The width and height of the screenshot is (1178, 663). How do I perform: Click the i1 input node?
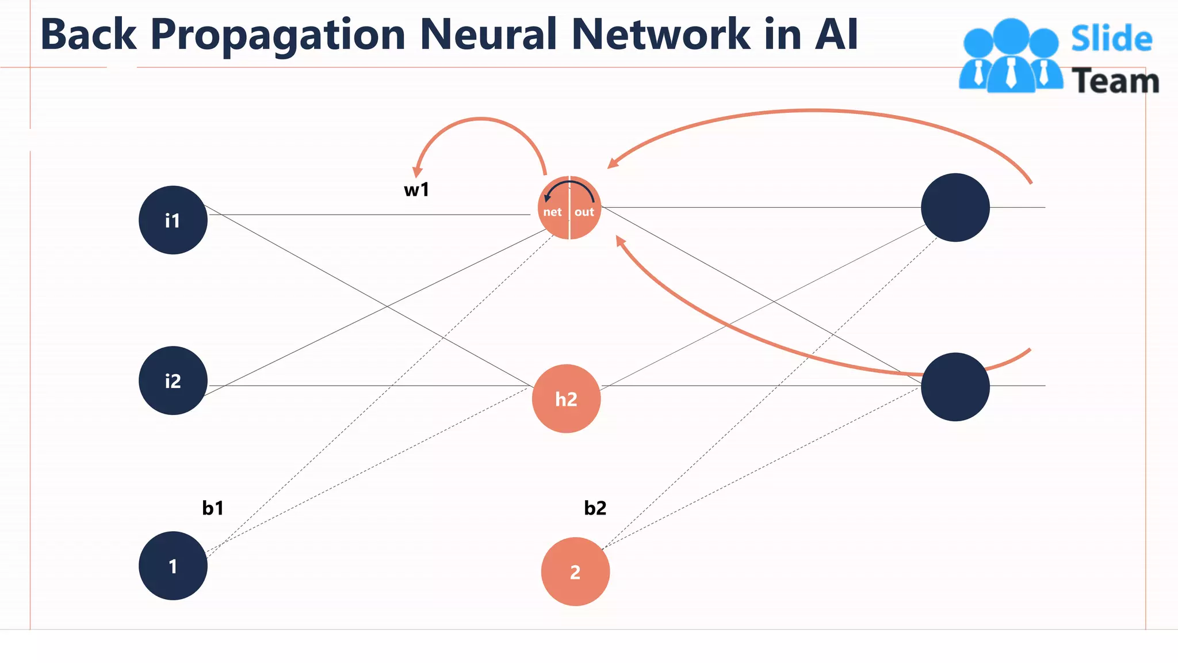click(173, 220)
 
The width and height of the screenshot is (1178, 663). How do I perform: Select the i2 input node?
click(173, 380)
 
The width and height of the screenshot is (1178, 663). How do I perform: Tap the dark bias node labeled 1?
click(173, 566)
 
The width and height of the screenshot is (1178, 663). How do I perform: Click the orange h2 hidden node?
click(566, 399)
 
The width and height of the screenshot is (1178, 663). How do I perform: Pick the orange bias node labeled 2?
click(575, 571)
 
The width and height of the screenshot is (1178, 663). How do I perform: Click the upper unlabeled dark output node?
click(955, 207)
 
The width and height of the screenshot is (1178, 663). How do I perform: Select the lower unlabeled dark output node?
click(955, 387)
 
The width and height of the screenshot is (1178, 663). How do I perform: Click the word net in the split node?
click(552, 212)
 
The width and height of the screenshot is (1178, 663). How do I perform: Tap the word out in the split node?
click(584, 212)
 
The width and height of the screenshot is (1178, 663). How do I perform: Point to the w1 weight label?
click(416, 189)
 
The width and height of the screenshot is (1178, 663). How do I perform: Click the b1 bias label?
click(213, 508)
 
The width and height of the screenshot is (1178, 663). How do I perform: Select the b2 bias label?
click(595, 508)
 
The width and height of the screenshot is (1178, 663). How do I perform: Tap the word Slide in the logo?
click(1111, 39)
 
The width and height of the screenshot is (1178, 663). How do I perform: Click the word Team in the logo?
click(1115, 81)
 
